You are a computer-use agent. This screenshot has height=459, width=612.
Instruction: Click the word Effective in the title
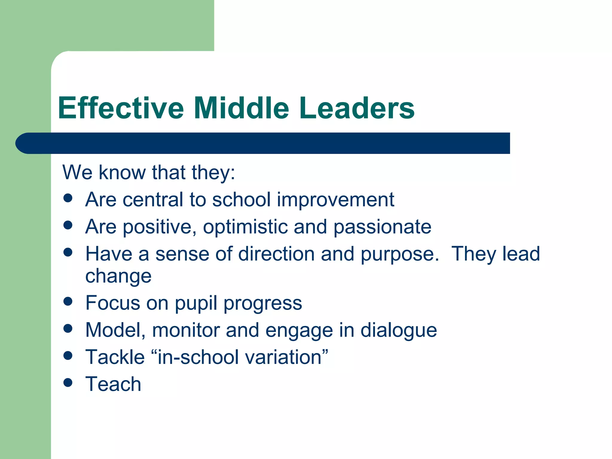click(121, 108)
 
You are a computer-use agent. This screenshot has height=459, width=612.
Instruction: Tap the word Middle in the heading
click(241, 108)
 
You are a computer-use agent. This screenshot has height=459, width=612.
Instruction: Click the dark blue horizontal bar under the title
click(263, 143)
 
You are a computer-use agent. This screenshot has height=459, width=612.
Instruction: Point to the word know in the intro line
click(122, 172)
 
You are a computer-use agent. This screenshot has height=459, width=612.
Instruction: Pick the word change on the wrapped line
click(118, 276)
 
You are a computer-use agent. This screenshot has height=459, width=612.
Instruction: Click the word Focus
click(112, 303)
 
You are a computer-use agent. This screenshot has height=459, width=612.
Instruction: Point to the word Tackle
click(115, 357)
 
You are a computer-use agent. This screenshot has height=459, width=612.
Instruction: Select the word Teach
click(113, 384)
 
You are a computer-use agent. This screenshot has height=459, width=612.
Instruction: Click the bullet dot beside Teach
click(68, 383)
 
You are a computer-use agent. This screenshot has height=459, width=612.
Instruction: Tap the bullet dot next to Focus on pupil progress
click(68, 302)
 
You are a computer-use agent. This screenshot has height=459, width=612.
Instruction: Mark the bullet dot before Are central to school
click(68, 198)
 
